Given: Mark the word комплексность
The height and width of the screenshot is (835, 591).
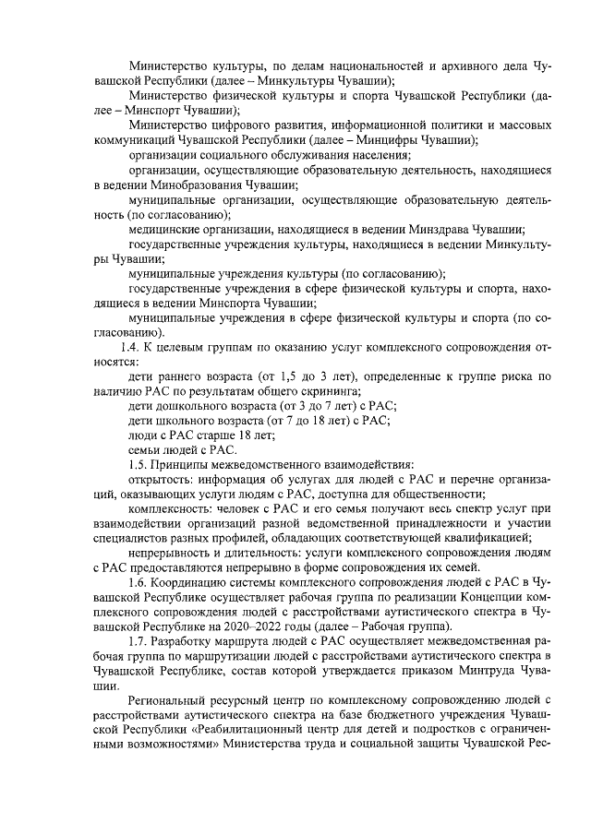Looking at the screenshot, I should [x=172, y=508].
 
